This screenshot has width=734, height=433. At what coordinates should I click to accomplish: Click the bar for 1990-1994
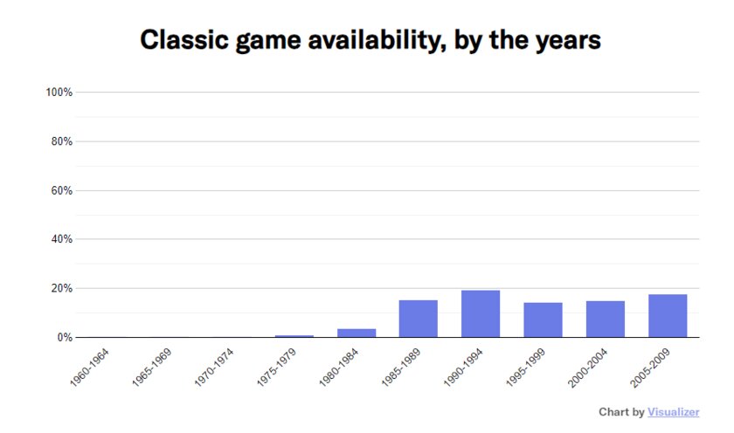coord(481,313)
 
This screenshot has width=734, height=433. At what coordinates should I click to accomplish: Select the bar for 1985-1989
coord(419,319)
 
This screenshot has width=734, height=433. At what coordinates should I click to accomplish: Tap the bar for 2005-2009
coord(668,315)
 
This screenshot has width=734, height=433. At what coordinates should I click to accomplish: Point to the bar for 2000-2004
coord(606,319)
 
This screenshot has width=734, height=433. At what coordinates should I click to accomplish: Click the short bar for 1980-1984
coord(357,333)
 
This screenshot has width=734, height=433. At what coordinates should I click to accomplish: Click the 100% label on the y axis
coord(59,93)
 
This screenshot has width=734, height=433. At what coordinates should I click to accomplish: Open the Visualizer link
coord(674,412)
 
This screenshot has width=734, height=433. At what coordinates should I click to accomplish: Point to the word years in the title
coord(568,40)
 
